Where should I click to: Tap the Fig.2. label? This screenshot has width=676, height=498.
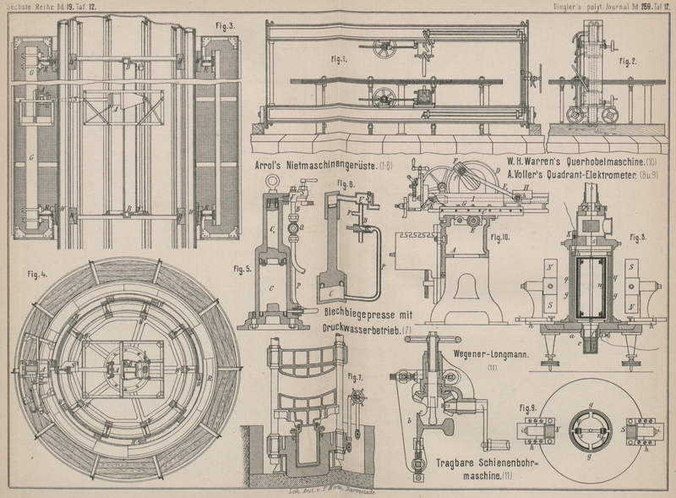click(627, 63)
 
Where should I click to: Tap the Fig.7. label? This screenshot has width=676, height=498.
click(354, 376)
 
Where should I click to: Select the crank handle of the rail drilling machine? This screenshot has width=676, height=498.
click(498, 441)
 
